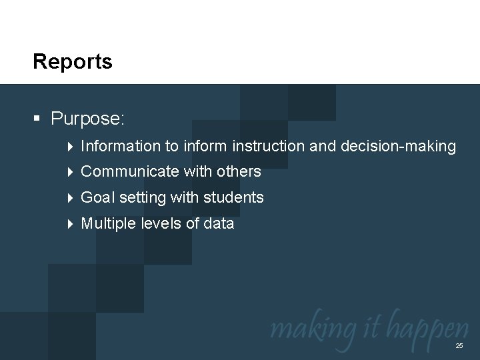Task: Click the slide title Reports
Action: coord(73,62)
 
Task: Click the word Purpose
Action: coord(87,119)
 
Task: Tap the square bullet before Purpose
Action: coord(37,119)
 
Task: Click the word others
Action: coord(238,172)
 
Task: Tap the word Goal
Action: coord(97,198)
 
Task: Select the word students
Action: coord(233,198)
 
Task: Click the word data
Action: coord(219,224)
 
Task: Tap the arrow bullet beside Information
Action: coord(71,146)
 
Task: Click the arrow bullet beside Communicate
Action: coord(71,172)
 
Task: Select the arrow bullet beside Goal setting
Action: coord(71,198)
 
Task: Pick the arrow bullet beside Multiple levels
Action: coord(71,224)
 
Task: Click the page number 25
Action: coord(459,346)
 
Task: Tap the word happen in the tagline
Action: coord(429,329)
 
